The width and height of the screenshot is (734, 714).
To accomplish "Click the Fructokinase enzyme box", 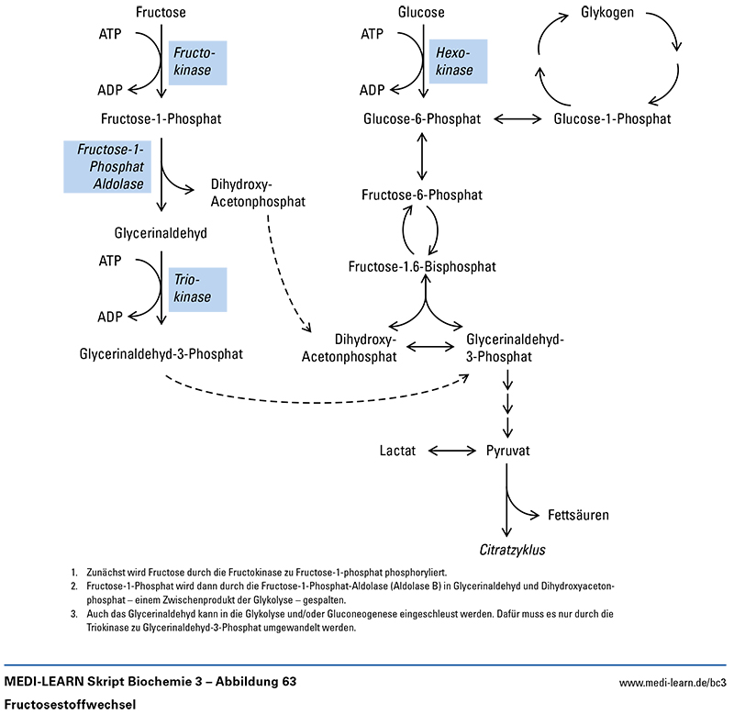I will click(x=198, y=62).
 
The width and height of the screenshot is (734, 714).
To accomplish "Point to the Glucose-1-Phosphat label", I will click(x=612, y=118).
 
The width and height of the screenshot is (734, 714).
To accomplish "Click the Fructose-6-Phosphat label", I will click(x=421, y=195).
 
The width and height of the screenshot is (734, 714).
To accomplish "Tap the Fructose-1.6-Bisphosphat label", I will click(x=422, y=266).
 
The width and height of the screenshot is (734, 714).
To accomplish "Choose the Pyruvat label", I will click(x=507, y=451).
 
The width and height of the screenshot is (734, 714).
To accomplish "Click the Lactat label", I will click(x=398, y=451).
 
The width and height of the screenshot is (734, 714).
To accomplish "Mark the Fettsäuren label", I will click(x=578, y=515).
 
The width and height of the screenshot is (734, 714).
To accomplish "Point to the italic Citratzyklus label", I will click(x=506, y=550).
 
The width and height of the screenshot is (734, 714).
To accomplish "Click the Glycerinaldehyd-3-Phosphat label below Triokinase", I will click(x=161, y=353).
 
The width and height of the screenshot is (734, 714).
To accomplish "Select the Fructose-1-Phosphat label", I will click(x=161, y=118).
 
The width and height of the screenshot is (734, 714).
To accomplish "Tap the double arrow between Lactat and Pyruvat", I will click(x=450, y=451).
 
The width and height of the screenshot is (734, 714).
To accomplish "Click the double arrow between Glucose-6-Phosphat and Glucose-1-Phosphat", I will click(x=519, y=118).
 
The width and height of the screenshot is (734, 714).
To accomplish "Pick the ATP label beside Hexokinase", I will click(x=372, y=35).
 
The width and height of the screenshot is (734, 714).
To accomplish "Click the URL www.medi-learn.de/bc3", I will click(x=673, y=683).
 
